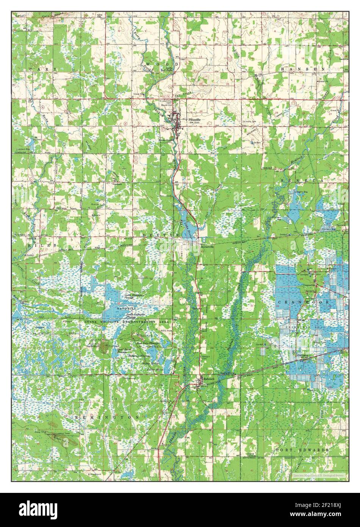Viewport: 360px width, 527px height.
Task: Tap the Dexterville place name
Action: click(207, 245)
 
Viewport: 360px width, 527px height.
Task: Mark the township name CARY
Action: click(42, 69)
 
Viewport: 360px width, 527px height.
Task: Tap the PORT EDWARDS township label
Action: click(302, 450)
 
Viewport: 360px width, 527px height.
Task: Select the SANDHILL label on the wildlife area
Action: click(127, 310)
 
